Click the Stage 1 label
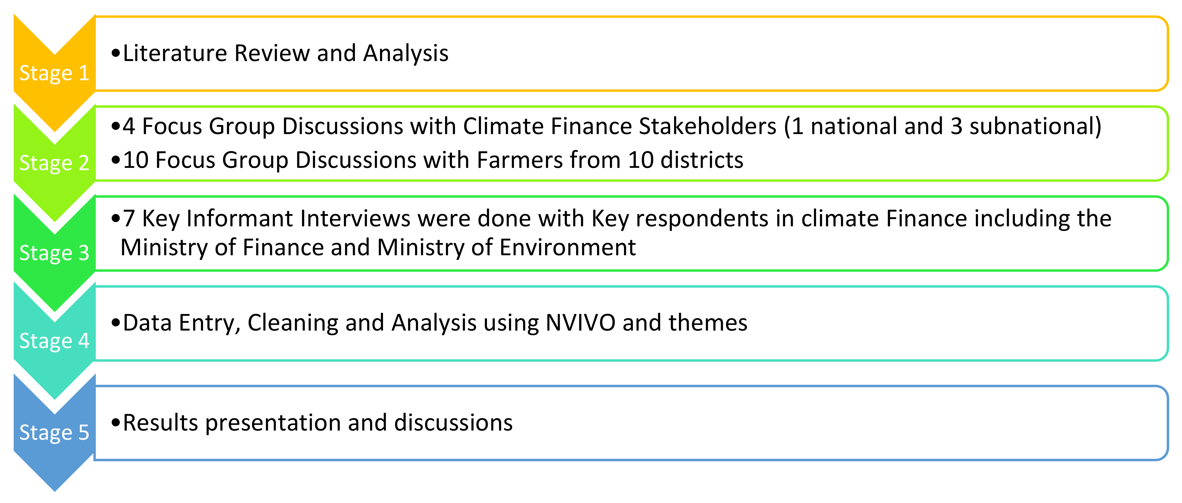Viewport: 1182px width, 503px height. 54,73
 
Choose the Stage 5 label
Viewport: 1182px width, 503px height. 54,432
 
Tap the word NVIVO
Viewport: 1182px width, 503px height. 580,323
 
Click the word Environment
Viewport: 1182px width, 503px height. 567,247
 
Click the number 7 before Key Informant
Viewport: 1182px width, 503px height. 129,219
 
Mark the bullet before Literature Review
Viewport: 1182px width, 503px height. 116,54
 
